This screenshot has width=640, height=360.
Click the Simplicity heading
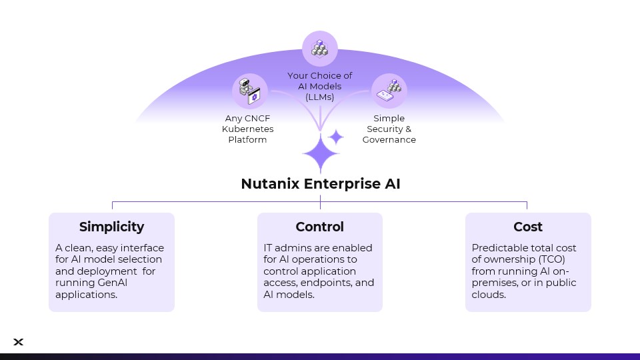coord(111,227)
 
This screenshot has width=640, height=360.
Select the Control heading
coord(320,227)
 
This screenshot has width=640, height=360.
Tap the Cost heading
coord(528,227)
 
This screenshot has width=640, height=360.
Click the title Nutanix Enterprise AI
coord(321,184)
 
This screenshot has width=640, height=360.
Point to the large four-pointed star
coord(321,153)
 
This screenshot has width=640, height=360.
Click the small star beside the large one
coord(337,137)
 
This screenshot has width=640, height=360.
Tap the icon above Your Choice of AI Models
coord(320,49)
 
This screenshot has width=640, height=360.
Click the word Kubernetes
coord(247,129)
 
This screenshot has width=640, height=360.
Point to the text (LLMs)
coord(320,97)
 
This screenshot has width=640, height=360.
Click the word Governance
coord(389,140)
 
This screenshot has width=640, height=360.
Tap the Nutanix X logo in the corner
coord(19,342)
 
